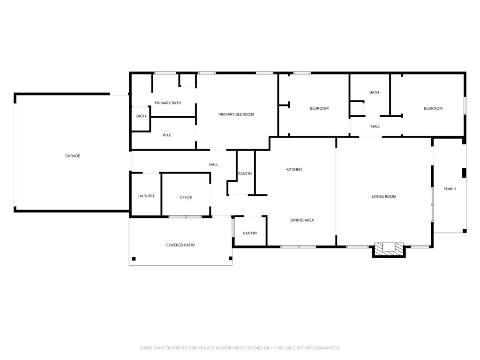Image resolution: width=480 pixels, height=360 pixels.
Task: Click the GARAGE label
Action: [x=72, y=156]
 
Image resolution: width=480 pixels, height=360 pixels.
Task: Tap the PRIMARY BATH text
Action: [x=168, y=103]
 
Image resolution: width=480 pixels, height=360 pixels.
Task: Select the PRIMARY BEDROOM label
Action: [x=236, y=114]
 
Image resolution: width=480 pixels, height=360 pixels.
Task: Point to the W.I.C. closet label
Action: [x=167, y=135]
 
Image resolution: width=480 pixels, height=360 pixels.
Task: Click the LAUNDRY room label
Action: [x=146, y=196]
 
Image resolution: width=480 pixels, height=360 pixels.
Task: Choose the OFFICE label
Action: [x=186, y=198]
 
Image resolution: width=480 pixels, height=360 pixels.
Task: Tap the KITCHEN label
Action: [x=294, y=169]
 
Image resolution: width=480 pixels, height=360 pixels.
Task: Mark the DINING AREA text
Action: [x=302, y=220]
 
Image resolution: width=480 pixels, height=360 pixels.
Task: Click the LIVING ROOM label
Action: [x=384, y=196]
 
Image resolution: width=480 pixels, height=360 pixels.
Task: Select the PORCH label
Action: [x=450, y=189]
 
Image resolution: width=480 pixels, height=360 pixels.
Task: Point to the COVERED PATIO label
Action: [x=180, y=245]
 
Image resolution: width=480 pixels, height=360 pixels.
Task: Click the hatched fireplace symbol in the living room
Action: [x=389, y=248]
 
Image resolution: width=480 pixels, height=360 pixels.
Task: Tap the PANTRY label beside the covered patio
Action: [x=250, y=233]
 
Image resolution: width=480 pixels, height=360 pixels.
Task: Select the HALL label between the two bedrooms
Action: [x=375, y=127]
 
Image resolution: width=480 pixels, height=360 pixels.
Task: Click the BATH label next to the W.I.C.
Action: [x=141, y=116]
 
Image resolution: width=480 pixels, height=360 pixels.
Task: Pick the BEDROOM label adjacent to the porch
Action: [x=433, y=108]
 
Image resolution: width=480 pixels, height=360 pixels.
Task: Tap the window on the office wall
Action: [x=185, y=217]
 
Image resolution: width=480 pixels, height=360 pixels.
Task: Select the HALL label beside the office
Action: [x=213, y=165]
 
